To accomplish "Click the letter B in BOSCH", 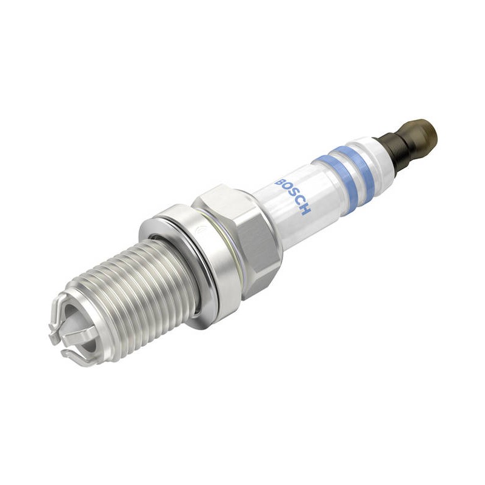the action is (279, 182).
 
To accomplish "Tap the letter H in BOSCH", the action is (305, 209).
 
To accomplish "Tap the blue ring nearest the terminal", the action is (355, 168).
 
